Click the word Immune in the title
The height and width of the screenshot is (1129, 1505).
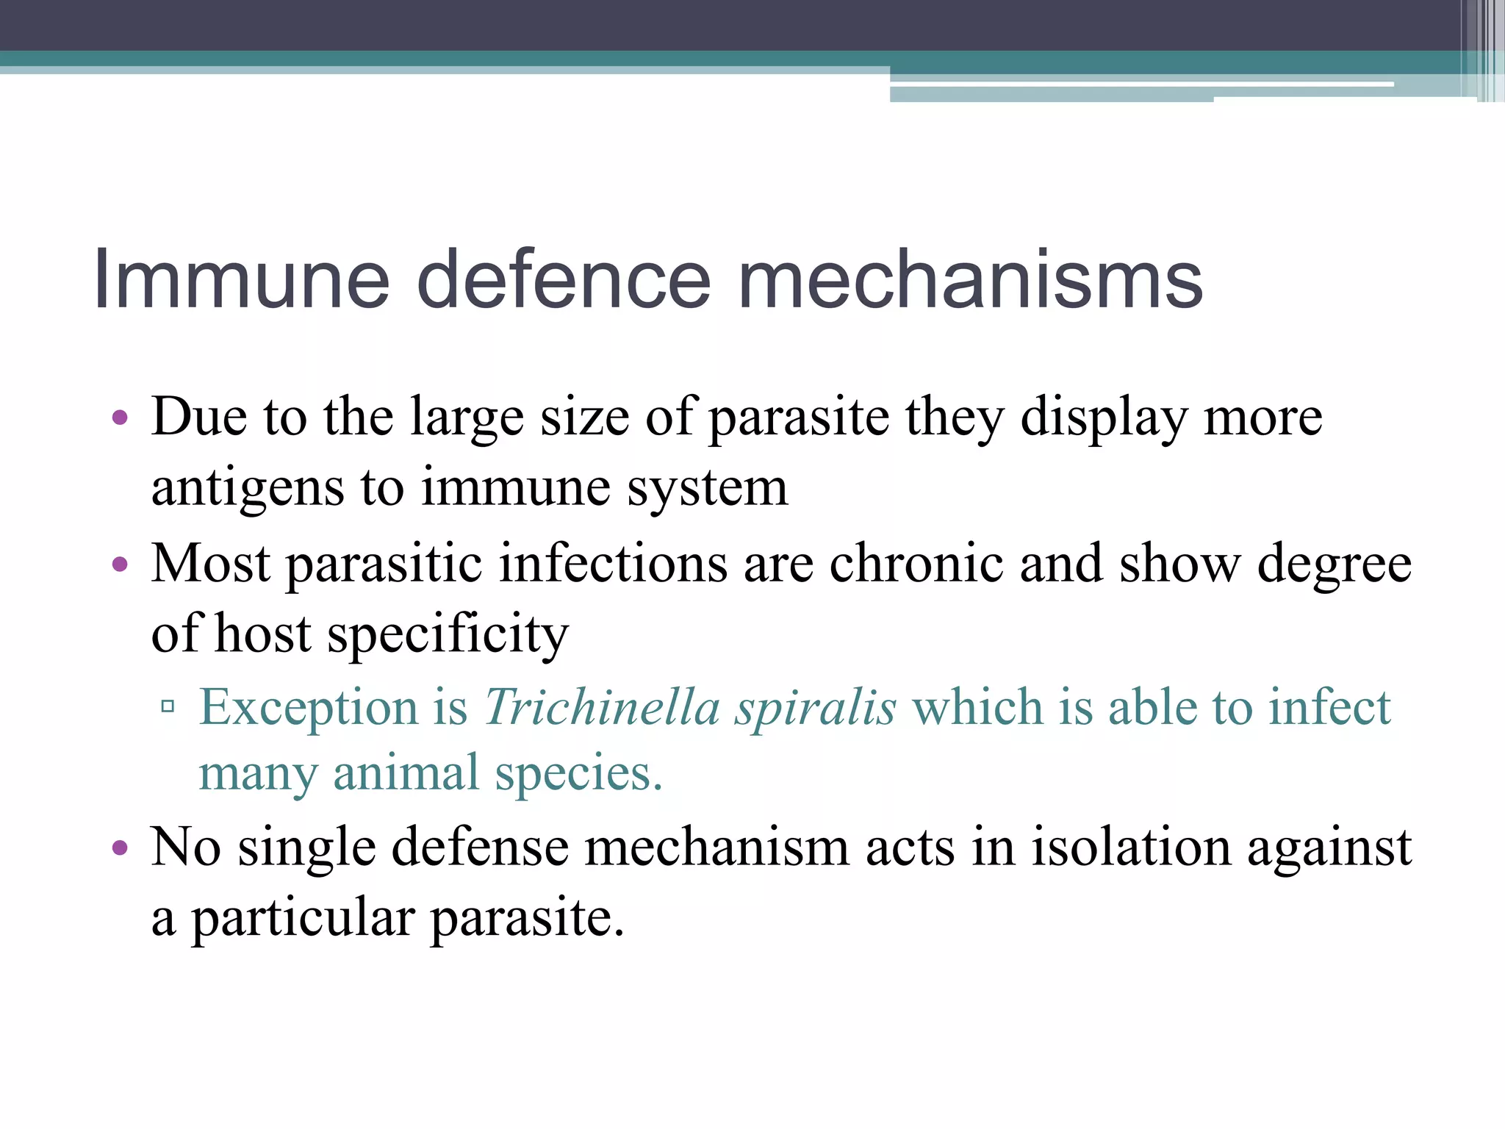coord(241,280)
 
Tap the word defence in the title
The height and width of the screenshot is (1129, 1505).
coord(564,280)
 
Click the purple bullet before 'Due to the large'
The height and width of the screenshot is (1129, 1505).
coord(120,419)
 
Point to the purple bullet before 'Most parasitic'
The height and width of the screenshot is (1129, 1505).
coord(120,565)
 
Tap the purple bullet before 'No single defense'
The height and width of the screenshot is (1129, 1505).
coord(120,848)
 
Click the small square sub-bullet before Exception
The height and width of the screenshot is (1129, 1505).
coord(168,707)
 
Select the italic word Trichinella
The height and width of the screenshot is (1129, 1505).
coord(602,707)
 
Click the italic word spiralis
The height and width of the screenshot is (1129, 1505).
coord(816,707)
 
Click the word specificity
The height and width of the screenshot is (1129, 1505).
coord(448,634)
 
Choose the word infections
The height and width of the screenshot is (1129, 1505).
coord(614,564)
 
